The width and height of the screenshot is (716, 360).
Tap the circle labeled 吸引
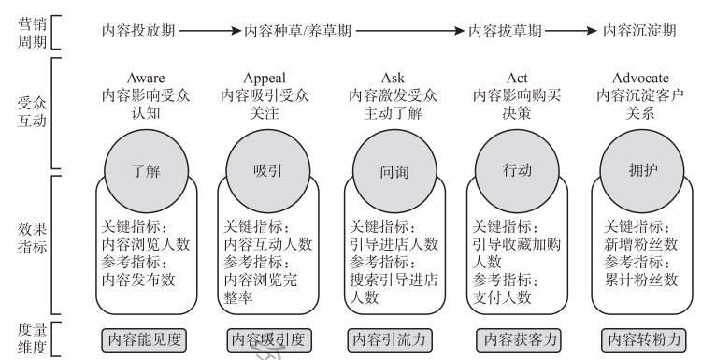(x=265, y=171)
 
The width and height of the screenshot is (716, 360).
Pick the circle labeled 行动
(x=515, y=171)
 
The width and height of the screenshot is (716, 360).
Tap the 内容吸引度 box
(x=266, y=338)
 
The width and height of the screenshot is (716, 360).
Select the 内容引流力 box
(x=393, y=338)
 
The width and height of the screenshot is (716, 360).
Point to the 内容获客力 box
(x=516, y=338)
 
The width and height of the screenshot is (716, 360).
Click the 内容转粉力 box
(x=642, y=338)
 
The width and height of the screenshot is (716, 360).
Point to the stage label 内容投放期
(x=138, y=31)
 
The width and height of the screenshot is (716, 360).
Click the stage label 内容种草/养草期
(x=298, y=31)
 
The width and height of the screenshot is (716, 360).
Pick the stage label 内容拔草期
(x=505, y=31)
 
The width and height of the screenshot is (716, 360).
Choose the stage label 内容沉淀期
(x=639, y=31)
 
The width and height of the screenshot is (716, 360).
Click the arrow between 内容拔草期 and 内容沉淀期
(x=571, y=31)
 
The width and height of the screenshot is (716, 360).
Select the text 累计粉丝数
(x=641, y=278)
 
